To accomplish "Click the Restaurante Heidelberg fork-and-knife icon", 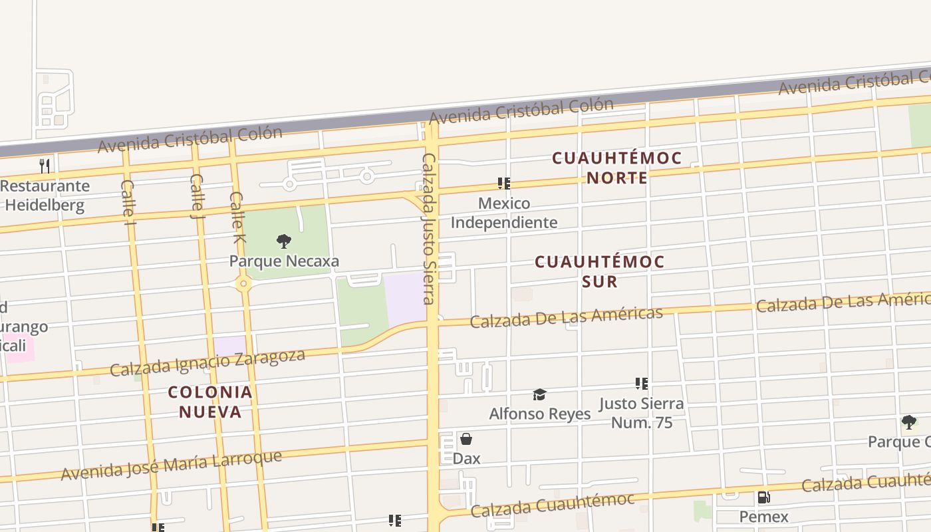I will point(45,166).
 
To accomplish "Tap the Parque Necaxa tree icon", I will point(284,241).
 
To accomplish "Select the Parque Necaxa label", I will point(284,261).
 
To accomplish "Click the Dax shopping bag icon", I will point(466,439).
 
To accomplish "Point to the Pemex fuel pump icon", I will point(763,497).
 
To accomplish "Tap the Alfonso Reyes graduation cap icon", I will point(539,395).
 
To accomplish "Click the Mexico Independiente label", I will point(504,213).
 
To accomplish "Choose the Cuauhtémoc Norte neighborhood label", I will point(617,168).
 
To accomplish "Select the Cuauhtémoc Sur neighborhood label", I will point(600,271).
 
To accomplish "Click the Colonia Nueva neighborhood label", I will point(210,402).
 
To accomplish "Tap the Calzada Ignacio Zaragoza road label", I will point(207,361).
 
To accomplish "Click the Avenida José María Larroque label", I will point(172,465).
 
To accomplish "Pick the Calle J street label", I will point(197,196).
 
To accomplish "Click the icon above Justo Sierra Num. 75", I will point(642,384).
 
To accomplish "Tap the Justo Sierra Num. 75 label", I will point(641,413).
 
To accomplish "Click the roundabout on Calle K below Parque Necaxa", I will point(243,285).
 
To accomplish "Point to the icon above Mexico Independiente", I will point(504,184).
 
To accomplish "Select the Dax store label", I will point(466,458).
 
